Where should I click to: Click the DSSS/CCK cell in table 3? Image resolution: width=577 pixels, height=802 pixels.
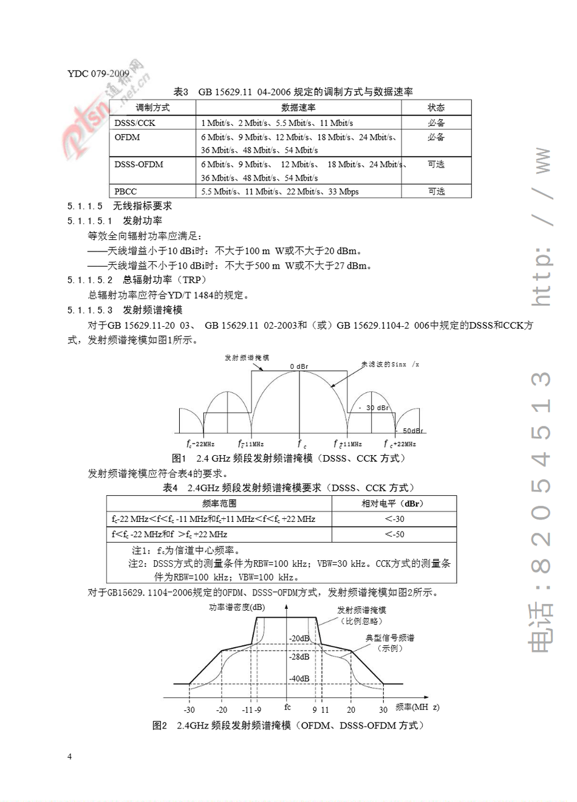coord(135,123)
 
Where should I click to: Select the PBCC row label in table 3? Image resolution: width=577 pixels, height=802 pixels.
coord(126,191)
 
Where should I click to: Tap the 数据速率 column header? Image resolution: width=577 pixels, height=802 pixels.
coord(298,108)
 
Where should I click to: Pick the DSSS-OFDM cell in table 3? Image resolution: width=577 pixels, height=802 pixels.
coord(138,165)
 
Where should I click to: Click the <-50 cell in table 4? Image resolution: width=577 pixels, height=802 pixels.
coord(394,535)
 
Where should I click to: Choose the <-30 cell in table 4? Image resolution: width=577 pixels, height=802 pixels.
coord(394,519)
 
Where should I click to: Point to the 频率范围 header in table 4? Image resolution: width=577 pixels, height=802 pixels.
coord(219,503)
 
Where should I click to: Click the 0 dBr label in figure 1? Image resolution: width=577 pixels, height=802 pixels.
coord(299,366)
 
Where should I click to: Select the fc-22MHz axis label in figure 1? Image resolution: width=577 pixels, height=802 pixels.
coord(200,444)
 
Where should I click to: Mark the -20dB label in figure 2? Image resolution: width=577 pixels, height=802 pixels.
coord(299,639)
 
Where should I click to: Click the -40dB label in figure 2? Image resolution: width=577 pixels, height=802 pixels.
coord(299,679)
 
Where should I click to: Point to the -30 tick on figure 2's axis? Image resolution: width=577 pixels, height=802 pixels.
coord(189,710)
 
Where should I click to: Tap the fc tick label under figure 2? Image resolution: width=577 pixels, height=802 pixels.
coord(287,707)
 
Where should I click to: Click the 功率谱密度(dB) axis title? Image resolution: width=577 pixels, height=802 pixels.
coord(237,607)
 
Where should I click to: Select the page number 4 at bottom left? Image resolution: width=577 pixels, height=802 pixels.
coord(69,756)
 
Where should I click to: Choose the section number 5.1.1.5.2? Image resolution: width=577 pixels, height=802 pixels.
coord(90,280)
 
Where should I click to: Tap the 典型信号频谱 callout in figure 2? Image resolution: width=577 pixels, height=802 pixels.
coord(390,638)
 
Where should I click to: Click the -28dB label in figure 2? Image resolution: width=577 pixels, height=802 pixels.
coord(299,657)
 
